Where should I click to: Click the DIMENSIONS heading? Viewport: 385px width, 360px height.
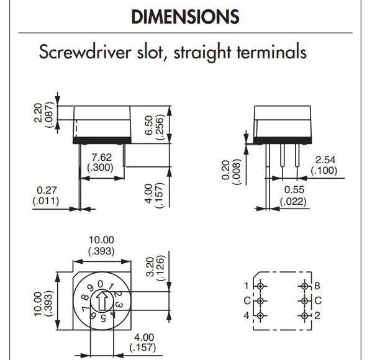(x=185, y=17)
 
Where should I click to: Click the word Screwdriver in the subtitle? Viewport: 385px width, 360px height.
(x=85, y=52)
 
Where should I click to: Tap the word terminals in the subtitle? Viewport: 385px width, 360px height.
(x=271, y=52)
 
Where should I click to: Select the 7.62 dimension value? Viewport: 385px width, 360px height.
(x=101, y=157)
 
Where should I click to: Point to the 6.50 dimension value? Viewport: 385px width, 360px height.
(x=149, y=125)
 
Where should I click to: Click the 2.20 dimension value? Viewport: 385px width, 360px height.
(x=38, y=113)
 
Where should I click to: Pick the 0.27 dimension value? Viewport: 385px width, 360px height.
(x=47, y=190)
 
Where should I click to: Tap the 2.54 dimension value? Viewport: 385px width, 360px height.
(x=325, y=160)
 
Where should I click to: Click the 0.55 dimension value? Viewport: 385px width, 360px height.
(x=294, y=190)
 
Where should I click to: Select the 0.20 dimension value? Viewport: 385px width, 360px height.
(x=225, y=170)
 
